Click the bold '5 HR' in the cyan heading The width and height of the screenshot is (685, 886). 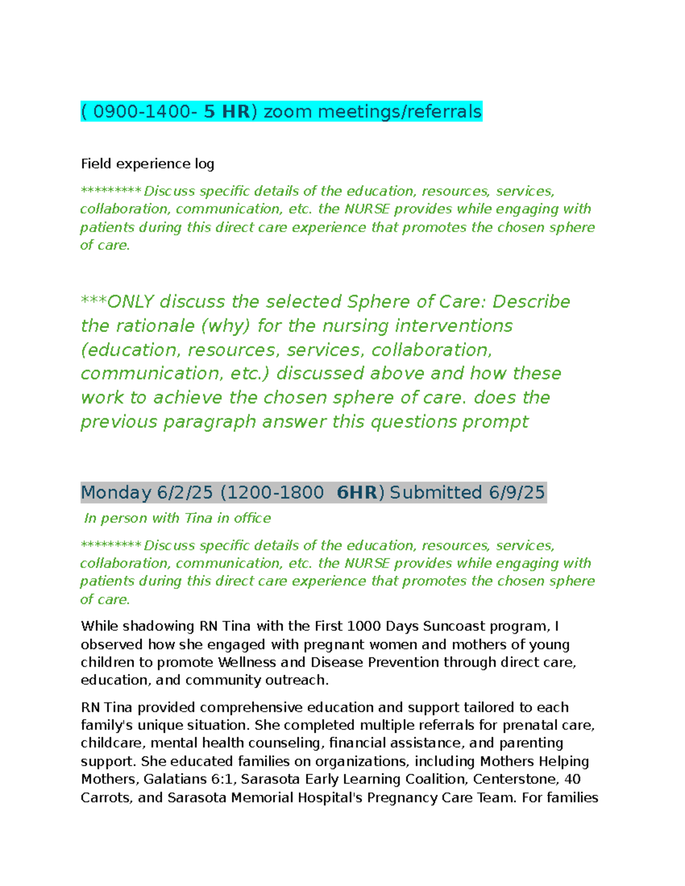[227, 111]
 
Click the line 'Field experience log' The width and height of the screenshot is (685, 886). [147, 164]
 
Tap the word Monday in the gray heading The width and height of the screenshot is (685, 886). [116, 492]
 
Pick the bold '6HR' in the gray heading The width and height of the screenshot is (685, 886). [357, 492]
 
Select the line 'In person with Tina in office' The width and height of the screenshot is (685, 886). [177, 518]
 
